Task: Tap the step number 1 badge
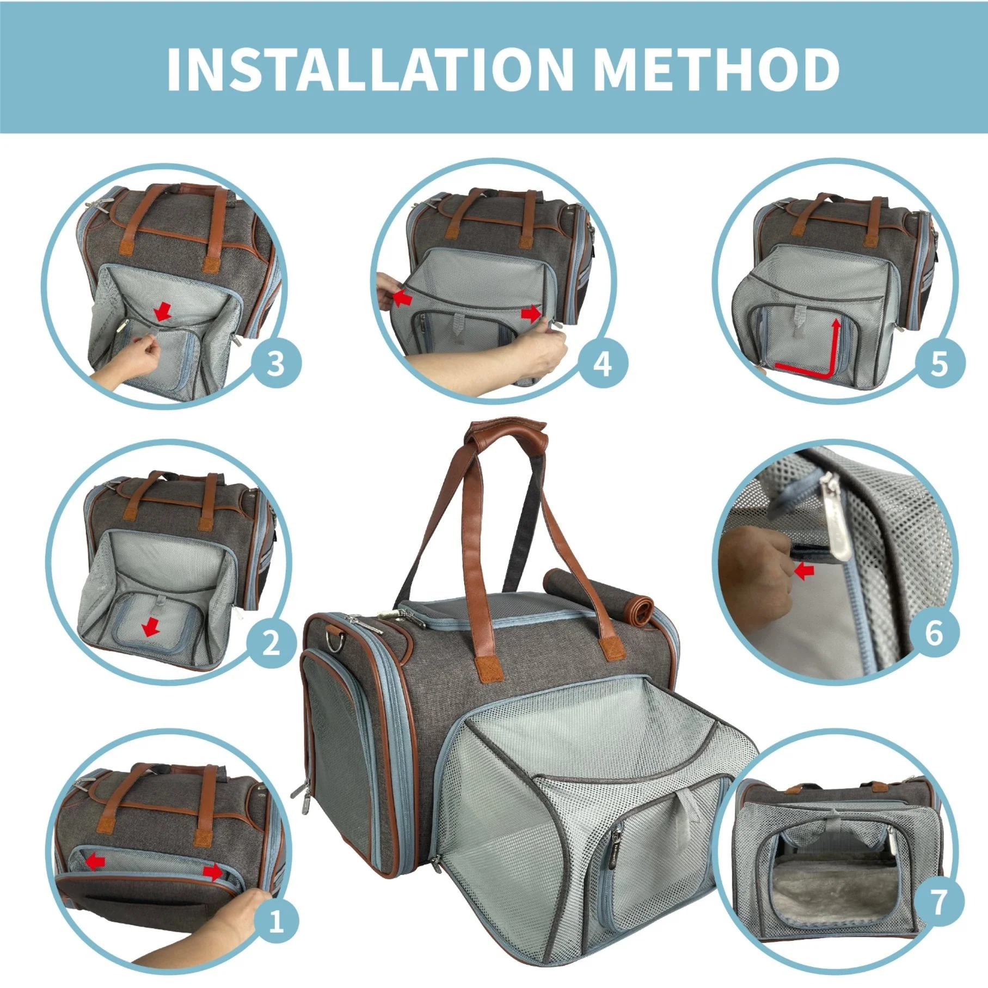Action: (x=276, y=922)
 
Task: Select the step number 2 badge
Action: (x=271, y=644)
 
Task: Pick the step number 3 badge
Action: (x=276, y=364)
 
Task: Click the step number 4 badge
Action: (x=602, y=364)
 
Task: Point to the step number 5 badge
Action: (x=939, y=364)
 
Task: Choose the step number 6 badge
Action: (x=934, y=633)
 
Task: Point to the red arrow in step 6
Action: (x=805, y=570)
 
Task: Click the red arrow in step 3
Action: (x=162, y=312)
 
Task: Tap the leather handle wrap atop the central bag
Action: (x=505, y=429)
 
